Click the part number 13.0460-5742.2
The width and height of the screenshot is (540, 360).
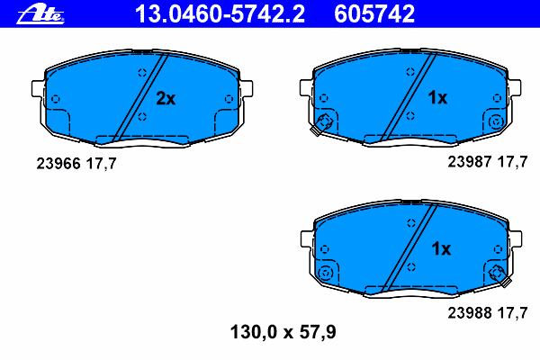click(219, 13)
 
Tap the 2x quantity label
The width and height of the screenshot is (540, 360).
click(166, 99)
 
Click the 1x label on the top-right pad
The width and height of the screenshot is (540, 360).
click(436, 98)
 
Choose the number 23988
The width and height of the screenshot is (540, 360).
click(467, 312)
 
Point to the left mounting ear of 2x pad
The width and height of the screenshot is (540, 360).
click(38, 91)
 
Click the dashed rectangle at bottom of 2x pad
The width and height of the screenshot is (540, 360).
click(142, 139)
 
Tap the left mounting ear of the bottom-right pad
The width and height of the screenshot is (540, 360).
click(304, 239)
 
